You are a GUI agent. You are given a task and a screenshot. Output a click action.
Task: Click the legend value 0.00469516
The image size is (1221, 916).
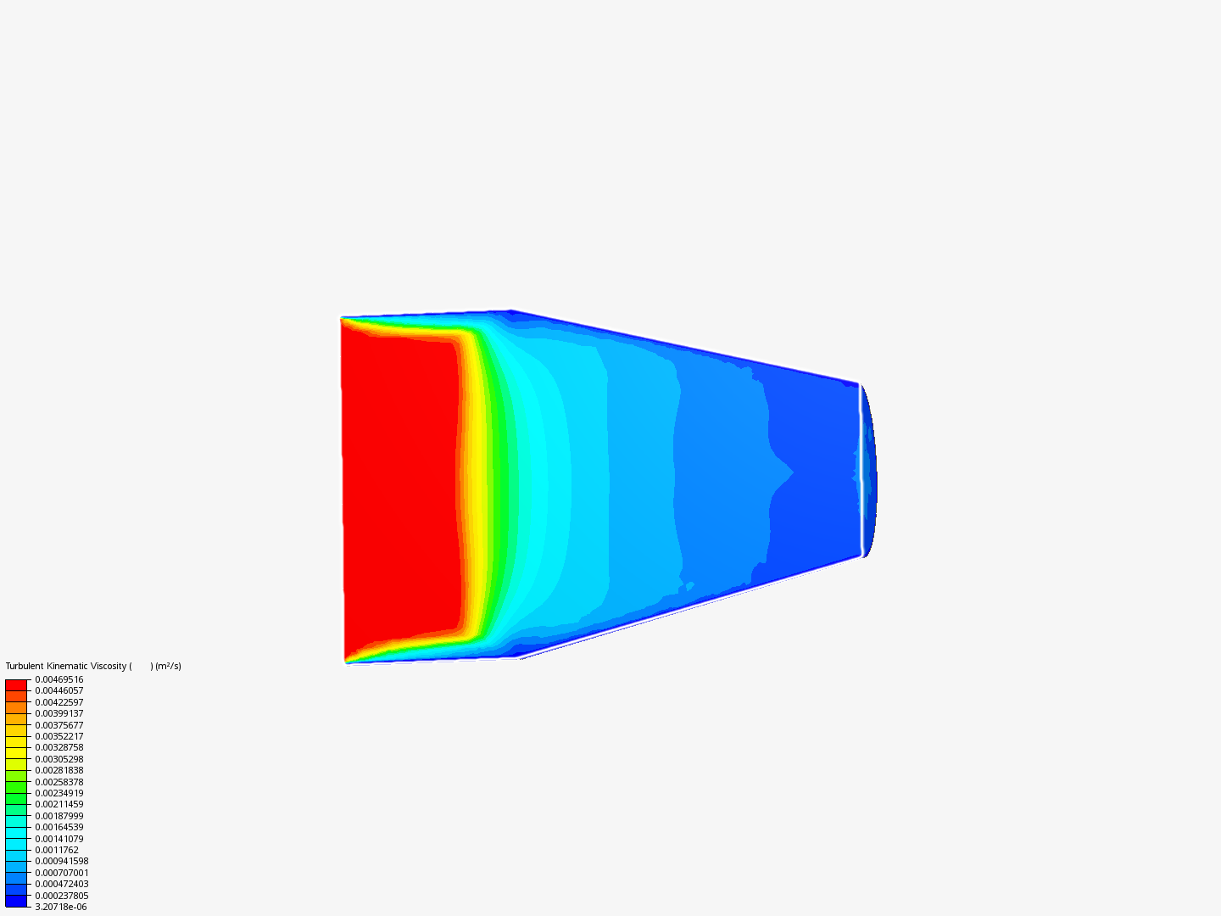[x=59, y=679]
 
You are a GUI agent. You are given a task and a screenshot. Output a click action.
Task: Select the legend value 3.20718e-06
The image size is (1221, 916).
[x=61, y=908]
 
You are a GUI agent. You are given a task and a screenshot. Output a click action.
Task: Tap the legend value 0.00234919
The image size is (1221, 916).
[x=59, y=793]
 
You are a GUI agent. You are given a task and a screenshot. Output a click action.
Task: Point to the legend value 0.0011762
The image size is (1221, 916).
[x=57, y=851]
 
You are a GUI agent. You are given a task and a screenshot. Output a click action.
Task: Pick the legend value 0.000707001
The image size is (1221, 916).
[x=62, y=874]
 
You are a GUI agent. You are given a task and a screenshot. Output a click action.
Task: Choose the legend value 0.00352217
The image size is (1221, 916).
[x=59, y=736]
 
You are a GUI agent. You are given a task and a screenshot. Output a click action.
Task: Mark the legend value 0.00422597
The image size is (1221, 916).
[x=59, y=702]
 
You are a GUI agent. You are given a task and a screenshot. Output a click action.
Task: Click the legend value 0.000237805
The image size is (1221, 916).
[x=62, y=896]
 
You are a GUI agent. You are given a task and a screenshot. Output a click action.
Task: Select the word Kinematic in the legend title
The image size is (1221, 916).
[x=66, y=667]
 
